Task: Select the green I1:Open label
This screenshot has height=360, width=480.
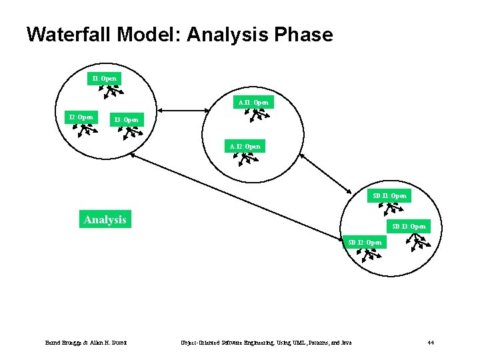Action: click(x=105, y=79)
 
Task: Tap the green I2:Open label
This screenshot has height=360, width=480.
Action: click(x=81, y=117)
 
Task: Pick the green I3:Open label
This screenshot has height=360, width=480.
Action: click(x=127, y=120)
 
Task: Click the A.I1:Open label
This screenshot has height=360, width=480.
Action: click(x=254, y=102)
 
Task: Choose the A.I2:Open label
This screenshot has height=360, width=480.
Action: click(x=245, y=146)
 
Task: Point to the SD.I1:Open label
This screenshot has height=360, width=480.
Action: click(x=390, y=196)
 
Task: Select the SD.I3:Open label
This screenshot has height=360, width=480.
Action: click(x=409, y=227)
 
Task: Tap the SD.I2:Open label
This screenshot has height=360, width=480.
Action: click(x=365, y=243)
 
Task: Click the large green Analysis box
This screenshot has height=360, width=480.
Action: click(x=105, y=219)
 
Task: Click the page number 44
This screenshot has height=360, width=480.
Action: click(x=431, y=343)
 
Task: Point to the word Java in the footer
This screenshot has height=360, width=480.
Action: click(x=345, y=343)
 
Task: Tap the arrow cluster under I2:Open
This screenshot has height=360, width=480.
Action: click(x=85, y=130)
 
